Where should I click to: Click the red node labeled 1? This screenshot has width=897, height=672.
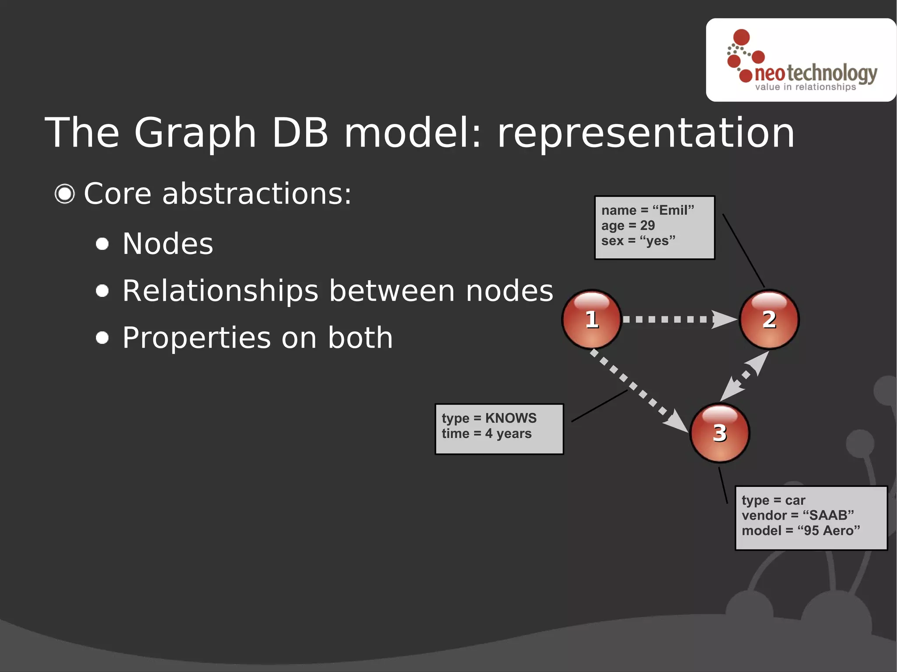point(592,319)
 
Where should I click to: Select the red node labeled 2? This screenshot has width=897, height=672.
point(769,319)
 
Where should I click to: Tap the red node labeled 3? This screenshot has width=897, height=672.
point(720,433)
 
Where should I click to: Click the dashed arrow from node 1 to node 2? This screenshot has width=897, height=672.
point(675,319)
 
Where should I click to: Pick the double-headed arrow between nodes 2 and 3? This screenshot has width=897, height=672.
point(745,376)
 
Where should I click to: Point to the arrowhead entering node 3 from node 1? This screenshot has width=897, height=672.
point(677,421)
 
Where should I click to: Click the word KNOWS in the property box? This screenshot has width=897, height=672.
point(511,418)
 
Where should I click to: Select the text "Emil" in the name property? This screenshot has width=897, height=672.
point(673,210)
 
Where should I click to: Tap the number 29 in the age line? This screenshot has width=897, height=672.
point(647,225)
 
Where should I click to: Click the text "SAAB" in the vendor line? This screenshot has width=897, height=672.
point(828,515)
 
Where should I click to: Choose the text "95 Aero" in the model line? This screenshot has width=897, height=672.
point(828,531)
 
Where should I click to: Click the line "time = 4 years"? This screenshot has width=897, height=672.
point(487,433)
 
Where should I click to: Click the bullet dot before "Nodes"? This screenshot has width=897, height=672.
point(102,244)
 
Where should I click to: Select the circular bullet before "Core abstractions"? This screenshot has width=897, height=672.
point(65,194)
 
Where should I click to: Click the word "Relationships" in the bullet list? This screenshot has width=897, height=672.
point(220,291)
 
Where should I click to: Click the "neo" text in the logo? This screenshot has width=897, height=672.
point(770,74)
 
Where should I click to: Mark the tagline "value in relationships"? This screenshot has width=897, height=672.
point(805,87)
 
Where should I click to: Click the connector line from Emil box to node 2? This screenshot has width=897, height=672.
point(743,250)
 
